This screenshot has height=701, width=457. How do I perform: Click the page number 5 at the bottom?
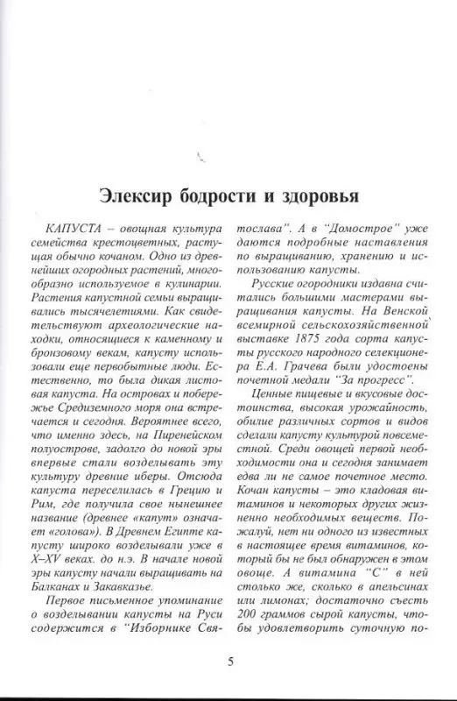[x=229, y=661]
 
